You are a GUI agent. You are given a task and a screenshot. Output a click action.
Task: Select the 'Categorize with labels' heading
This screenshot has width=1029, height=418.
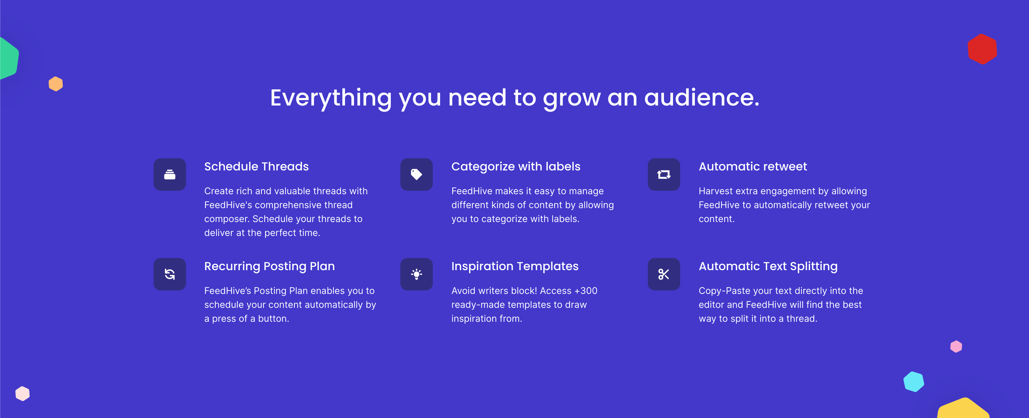click(516, 167)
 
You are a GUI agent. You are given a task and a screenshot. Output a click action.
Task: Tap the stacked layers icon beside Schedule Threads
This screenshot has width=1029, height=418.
click(170, 175)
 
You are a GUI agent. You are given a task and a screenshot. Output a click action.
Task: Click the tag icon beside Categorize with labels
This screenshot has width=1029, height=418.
click(417, 175)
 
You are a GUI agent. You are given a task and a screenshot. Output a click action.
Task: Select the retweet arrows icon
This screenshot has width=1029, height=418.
click(664, 175)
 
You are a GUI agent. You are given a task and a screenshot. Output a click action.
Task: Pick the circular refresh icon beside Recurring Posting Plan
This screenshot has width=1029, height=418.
click(170, 274)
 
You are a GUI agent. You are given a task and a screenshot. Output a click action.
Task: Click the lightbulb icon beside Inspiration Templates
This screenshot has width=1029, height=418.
click(417, 274)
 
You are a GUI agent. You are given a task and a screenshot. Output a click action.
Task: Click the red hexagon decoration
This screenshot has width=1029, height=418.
click(982, 49)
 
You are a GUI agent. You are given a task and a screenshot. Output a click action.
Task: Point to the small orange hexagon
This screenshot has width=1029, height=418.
click(56, 84)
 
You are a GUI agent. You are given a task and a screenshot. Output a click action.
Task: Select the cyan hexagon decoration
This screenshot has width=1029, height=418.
click(914, 382)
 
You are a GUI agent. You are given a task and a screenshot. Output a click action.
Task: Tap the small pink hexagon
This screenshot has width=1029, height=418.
click(956, 346)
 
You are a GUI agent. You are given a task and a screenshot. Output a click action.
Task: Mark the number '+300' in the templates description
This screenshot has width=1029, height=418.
click(585, 291)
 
